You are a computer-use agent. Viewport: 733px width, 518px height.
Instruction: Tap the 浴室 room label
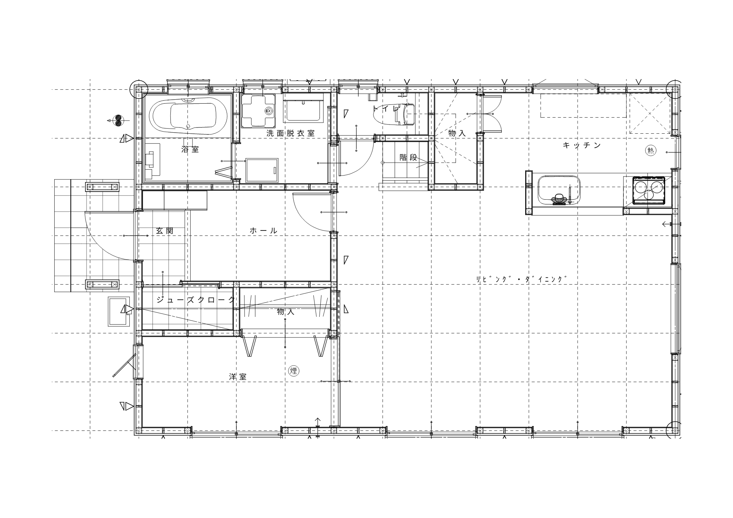tap(190, 149)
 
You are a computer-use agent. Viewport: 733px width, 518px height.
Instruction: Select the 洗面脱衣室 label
tap(290, 133)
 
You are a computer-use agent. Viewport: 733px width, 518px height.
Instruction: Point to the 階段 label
tap(408, 158)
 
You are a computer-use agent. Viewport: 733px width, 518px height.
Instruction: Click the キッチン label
tap(582, 145)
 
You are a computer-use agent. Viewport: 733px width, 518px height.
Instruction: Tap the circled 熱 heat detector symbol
tap(651, 151)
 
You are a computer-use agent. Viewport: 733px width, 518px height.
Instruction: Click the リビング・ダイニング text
tap(521, 279)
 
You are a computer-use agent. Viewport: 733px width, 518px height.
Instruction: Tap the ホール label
tap(264, 231)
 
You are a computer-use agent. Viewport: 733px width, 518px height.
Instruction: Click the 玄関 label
tap(165, 231)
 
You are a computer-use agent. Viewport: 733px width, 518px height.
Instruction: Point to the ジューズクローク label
tap(195, 300)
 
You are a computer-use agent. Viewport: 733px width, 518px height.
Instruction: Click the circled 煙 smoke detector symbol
tap(294, 371)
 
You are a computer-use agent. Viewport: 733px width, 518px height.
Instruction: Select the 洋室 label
tap(237, 377)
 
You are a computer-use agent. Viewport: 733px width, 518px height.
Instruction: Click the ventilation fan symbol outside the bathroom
tap(118, 121)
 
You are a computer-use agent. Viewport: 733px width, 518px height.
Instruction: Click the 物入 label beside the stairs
tap(457, 133)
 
